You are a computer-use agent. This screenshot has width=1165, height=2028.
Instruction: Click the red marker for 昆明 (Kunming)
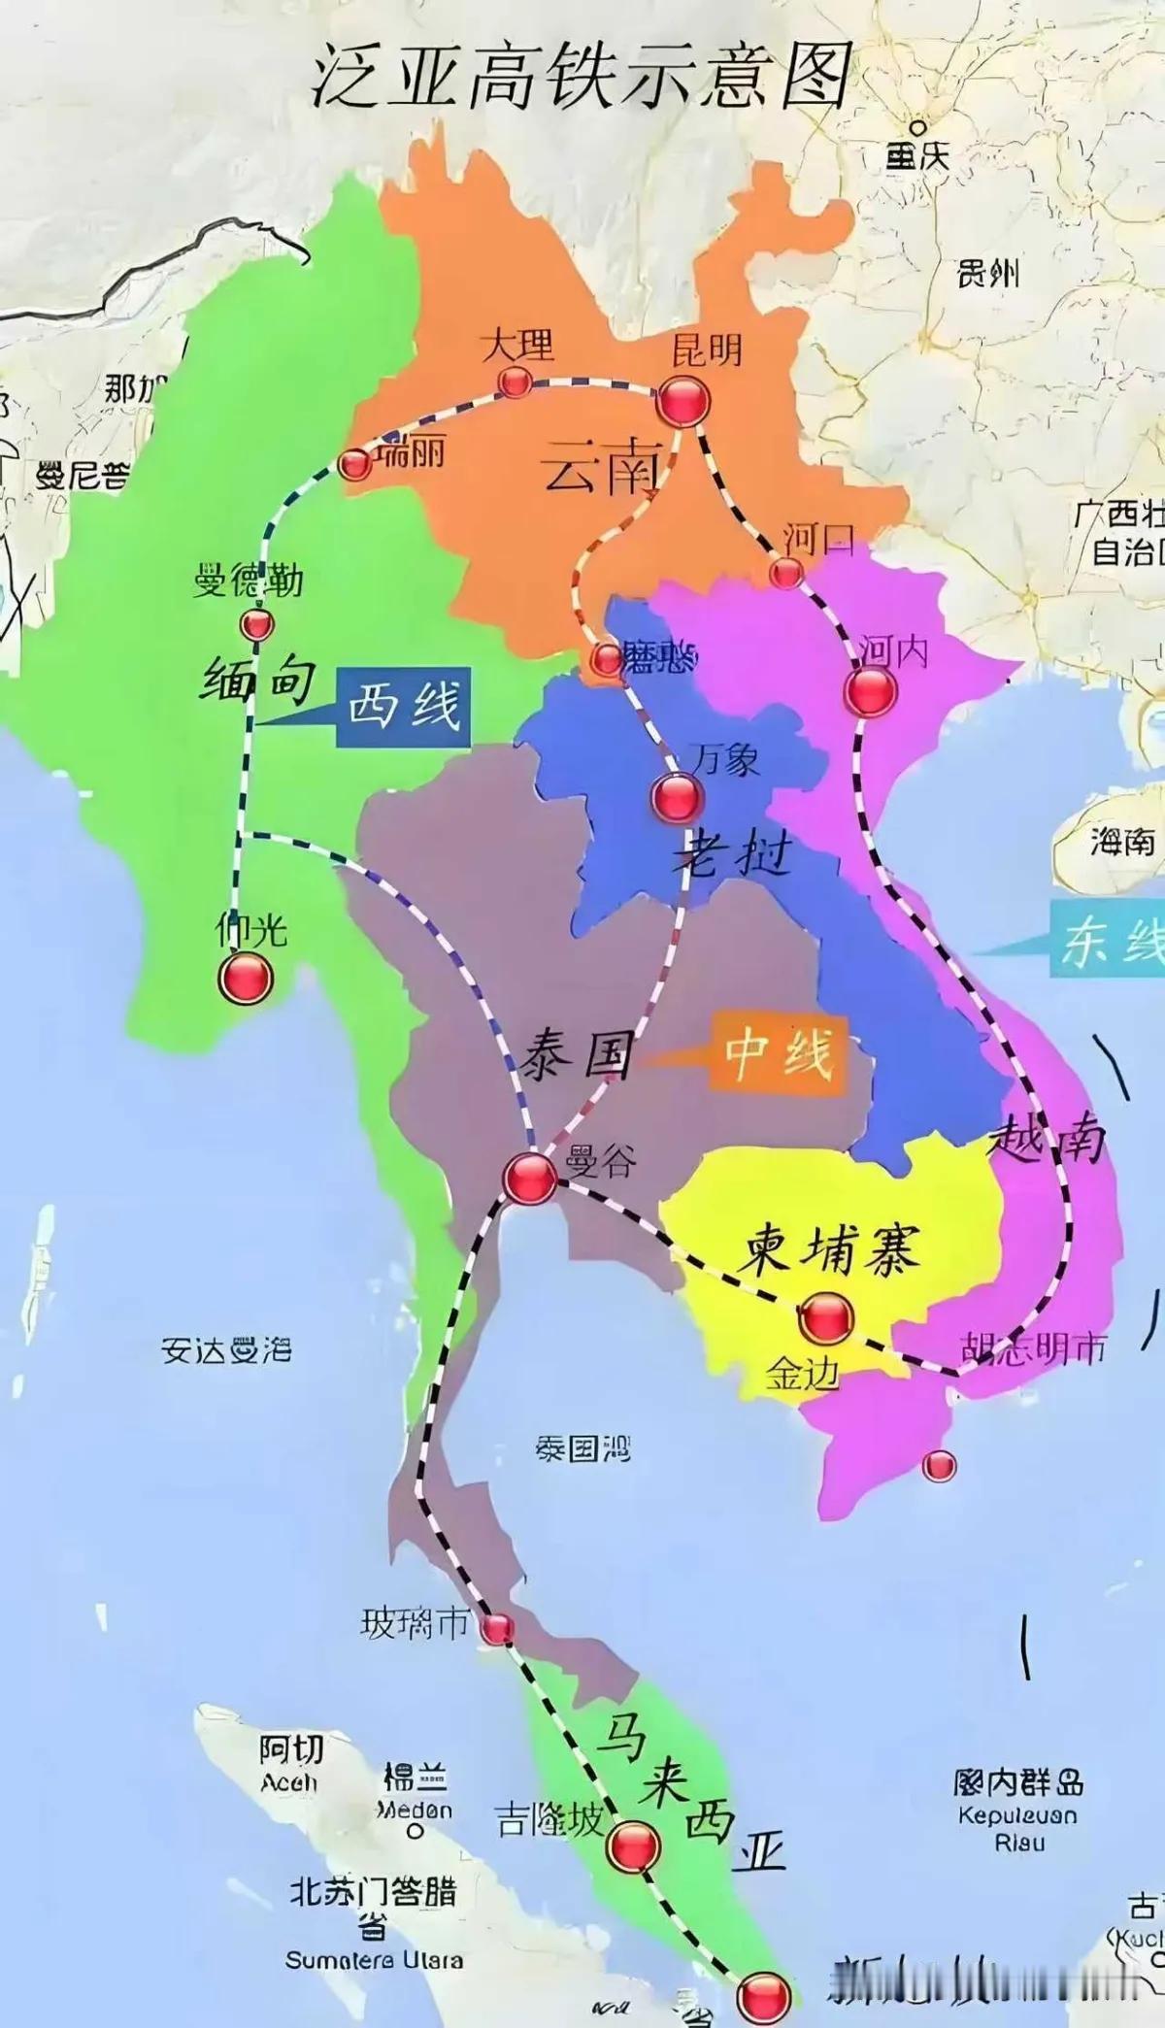682,401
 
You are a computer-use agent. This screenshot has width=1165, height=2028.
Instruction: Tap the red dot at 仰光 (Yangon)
244,978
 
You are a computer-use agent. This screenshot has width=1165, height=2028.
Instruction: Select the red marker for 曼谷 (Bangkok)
530,1179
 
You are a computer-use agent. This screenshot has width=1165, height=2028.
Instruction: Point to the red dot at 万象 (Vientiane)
676,798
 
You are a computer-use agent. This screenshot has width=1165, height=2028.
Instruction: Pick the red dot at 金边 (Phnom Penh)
825,1317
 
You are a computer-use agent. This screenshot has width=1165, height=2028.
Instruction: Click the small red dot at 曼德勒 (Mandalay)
257,624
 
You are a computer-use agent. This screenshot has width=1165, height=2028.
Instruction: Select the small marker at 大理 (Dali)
514,382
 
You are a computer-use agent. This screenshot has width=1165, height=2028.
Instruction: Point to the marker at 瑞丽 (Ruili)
355,465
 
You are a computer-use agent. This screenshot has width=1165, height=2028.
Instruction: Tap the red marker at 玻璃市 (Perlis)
497,1629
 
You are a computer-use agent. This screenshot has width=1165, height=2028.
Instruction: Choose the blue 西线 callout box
404,707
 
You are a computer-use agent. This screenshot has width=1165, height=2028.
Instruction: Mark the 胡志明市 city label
1033,1349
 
